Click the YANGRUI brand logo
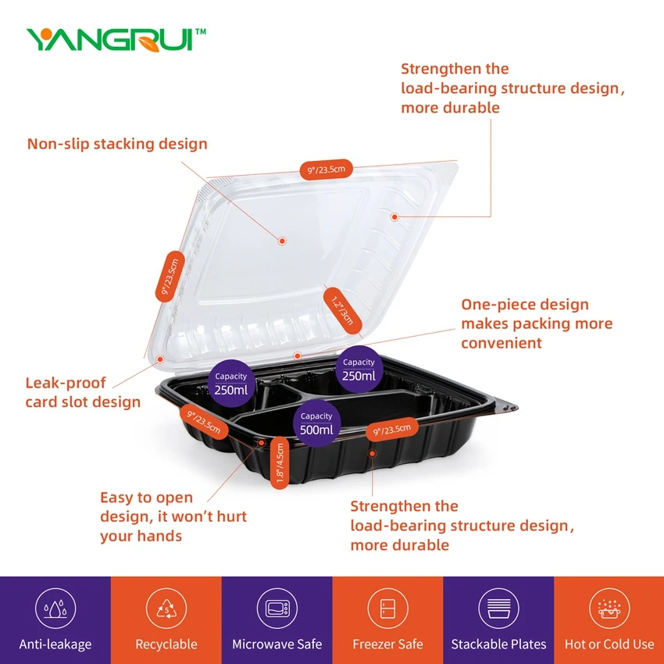point(116,40)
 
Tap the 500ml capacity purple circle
point(316,423)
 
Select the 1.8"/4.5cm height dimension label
point(280,463)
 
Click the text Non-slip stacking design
point(117,144)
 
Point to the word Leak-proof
point(65,383)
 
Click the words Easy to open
point(147,497)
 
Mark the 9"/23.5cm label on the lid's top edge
point(326,170)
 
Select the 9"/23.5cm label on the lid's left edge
point(170,276)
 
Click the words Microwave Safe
point(277,644)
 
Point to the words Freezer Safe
point(388,644)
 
